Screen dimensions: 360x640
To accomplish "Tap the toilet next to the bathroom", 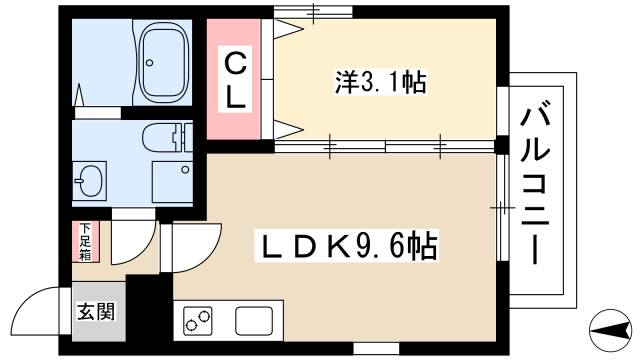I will tap(166, 137).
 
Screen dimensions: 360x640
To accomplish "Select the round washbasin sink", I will tap(91, 182).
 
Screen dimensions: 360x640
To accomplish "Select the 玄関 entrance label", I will tap(98, 311).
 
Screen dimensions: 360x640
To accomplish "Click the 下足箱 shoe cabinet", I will tap(85, 241).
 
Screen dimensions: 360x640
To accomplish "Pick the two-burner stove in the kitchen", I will tap(199, 321).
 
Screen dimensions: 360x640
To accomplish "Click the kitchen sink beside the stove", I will tap(253, 321).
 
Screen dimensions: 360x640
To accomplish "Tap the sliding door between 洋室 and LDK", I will tap(385, 146).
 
